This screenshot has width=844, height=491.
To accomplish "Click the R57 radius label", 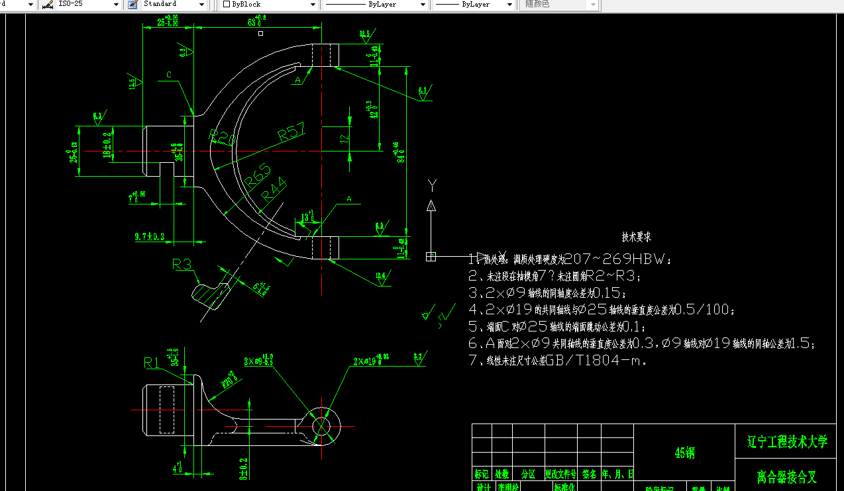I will [x=291, y=132].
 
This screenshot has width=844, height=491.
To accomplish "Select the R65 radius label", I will [x=258, y=176].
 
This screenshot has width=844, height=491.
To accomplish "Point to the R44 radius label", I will [x=273, y=192].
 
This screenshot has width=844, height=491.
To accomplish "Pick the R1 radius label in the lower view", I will [x=152, y=362].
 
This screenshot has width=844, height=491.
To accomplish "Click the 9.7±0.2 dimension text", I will [x=149, y=236].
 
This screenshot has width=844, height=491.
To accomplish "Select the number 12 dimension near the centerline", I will [x=344, y=138].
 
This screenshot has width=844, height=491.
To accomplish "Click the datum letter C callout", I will [x=169, y=75].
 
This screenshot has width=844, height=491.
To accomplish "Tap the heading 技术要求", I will [x=636, y=237].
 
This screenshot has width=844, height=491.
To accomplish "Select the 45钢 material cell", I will [x=684, y=453].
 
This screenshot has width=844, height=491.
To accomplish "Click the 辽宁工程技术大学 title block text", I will [x=787, y=441].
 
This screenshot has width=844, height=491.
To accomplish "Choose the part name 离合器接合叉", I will [x=787, y=476].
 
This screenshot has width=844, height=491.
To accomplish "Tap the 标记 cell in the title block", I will [x=482, y=474].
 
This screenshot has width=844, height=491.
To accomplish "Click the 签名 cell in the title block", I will [x=589, y=474].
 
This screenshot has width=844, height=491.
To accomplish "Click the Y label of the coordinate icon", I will [x=432, y=184].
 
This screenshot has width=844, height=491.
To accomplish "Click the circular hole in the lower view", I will [x=321, y=425].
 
